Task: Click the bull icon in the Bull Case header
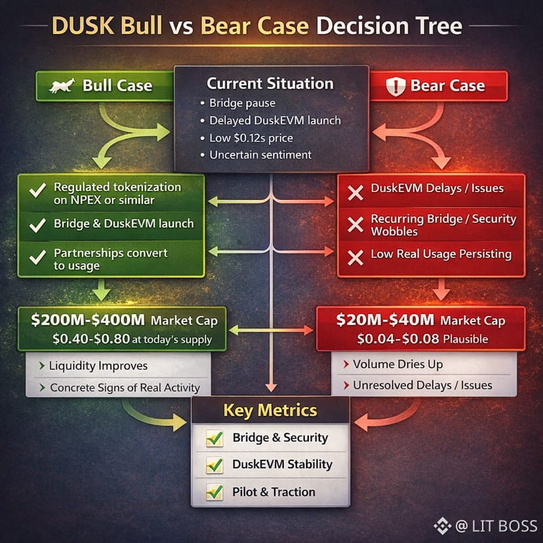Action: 61,85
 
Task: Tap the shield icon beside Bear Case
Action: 395,86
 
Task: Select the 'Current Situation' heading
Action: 270,84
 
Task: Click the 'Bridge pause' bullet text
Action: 242,103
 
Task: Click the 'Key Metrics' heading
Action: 270,411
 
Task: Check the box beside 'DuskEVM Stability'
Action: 214,465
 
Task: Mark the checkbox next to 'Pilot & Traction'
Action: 214,492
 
